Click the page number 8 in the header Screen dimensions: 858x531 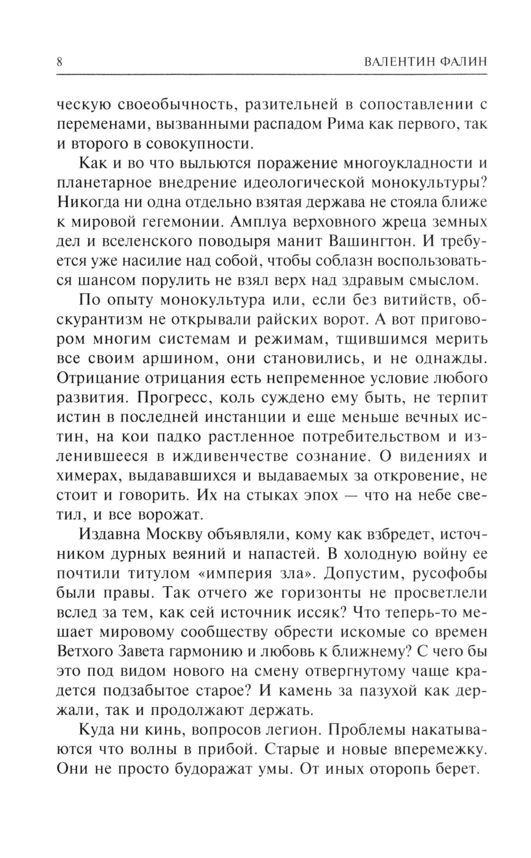tap(59, 62)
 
